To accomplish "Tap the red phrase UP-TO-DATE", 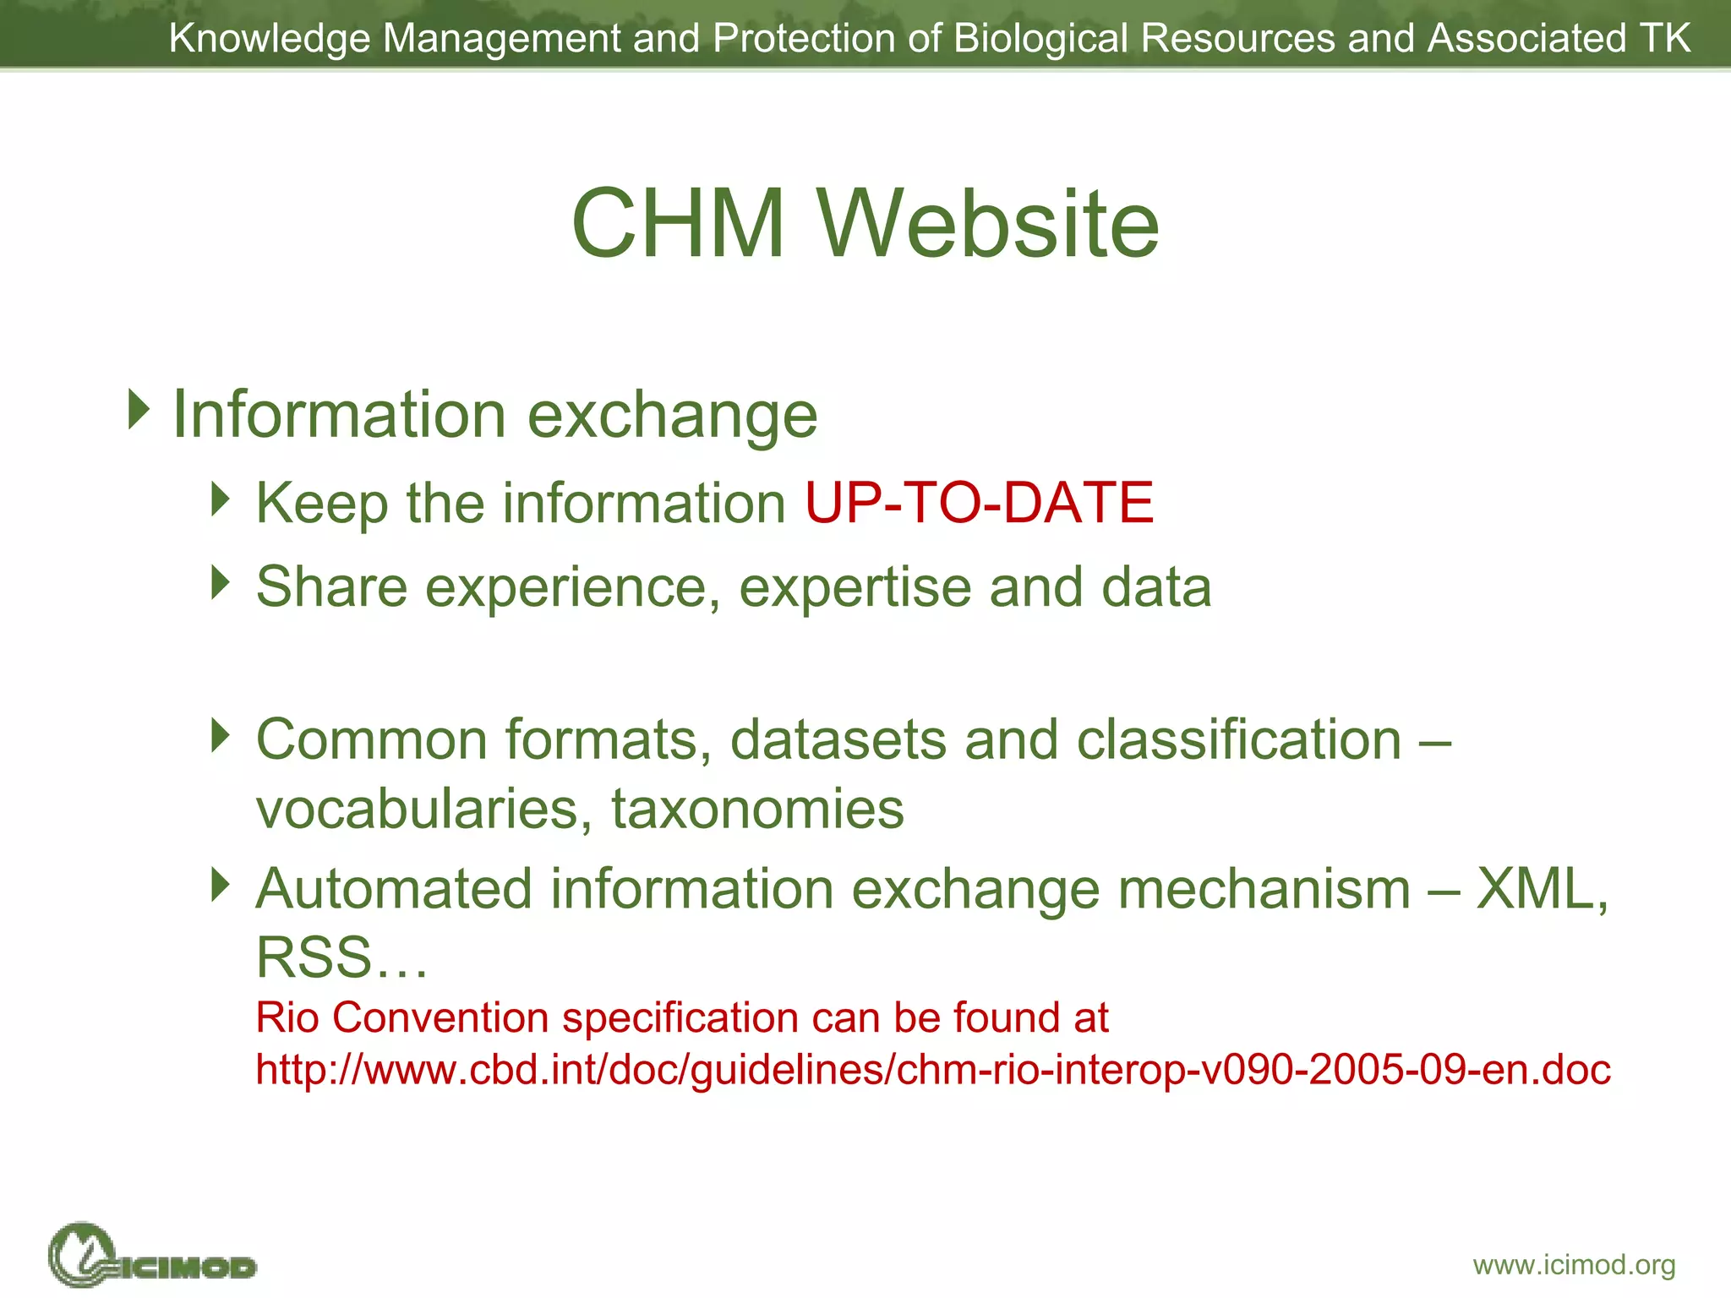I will pyautogui.click(x=979, y=503).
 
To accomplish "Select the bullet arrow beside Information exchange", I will pyautogui.click(x=139, y=409).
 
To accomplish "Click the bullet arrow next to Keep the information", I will pyautogui.click(x=221, y=499).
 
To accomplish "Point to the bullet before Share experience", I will pyautogui.click(x=221, y=583).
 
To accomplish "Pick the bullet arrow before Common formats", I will pyautogui.click(x=221, y=735).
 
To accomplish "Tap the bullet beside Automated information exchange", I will pyautogui.click(x=221, y=885).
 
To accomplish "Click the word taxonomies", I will pyautogui.click(x=757, y=809).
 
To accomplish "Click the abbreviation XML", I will pyautogui.click(x=1540, y=889).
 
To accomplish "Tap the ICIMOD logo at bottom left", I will pyautogui.click(x=152, y=1256).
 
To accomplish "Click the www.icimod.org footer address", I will pyautogui.click(x=1574, y=1265).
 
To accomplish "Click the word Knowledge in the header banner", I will pyautogui.click(x=270, y=38).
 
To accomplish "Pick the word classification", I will pyautogui.click(x=1239, y=739).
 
